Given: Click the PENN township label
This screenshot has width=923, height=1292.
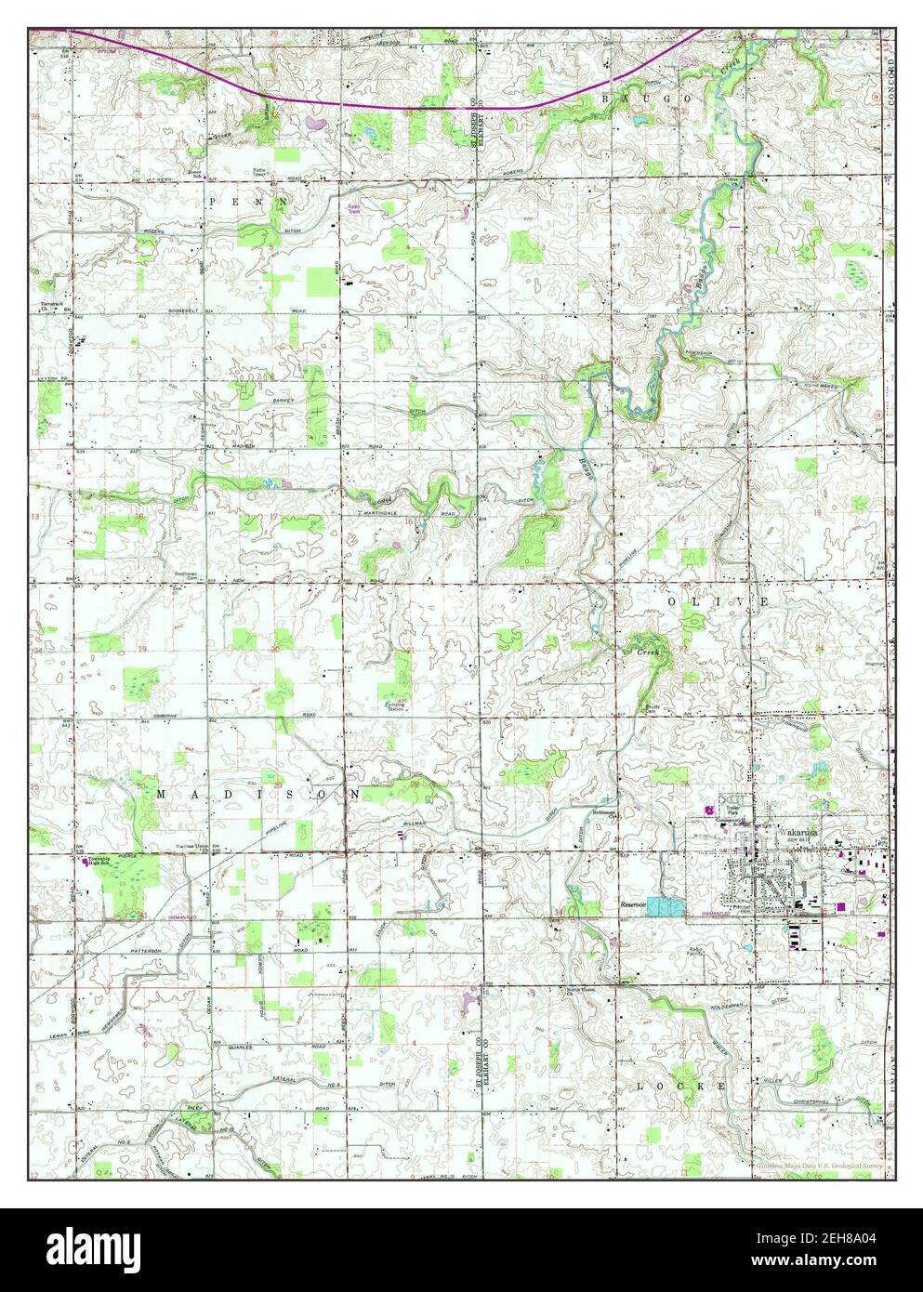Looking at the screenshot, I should coord(248,201).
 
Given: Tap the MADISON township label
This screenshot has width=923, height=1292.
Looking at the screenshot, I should coord(258,795).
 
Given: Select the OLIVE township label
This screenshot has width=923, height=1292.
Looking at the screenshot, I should coord(716,602).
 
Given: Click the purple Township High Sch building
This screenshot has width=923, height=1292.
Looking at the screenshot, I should coord(88,862).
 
